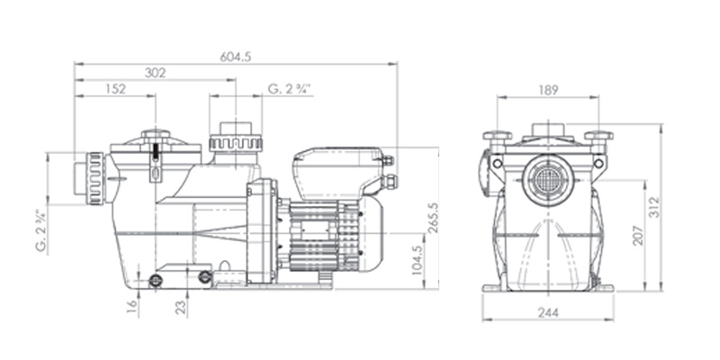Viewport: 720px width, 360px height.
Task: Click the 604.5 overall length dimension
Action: [235, 57]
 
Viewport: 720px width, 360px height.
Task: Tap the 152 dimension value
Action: [114, 88]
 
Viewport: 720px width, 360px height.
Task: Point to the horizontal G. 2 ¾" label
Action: [290, 88]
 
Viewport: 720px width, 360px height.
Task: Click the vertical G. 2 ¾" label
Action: [42, 230]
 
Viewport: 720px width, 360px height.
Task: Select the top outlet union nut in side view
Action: [235, 142]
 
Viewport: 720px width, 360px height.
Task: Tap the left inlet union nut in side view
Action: [94, 178]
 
